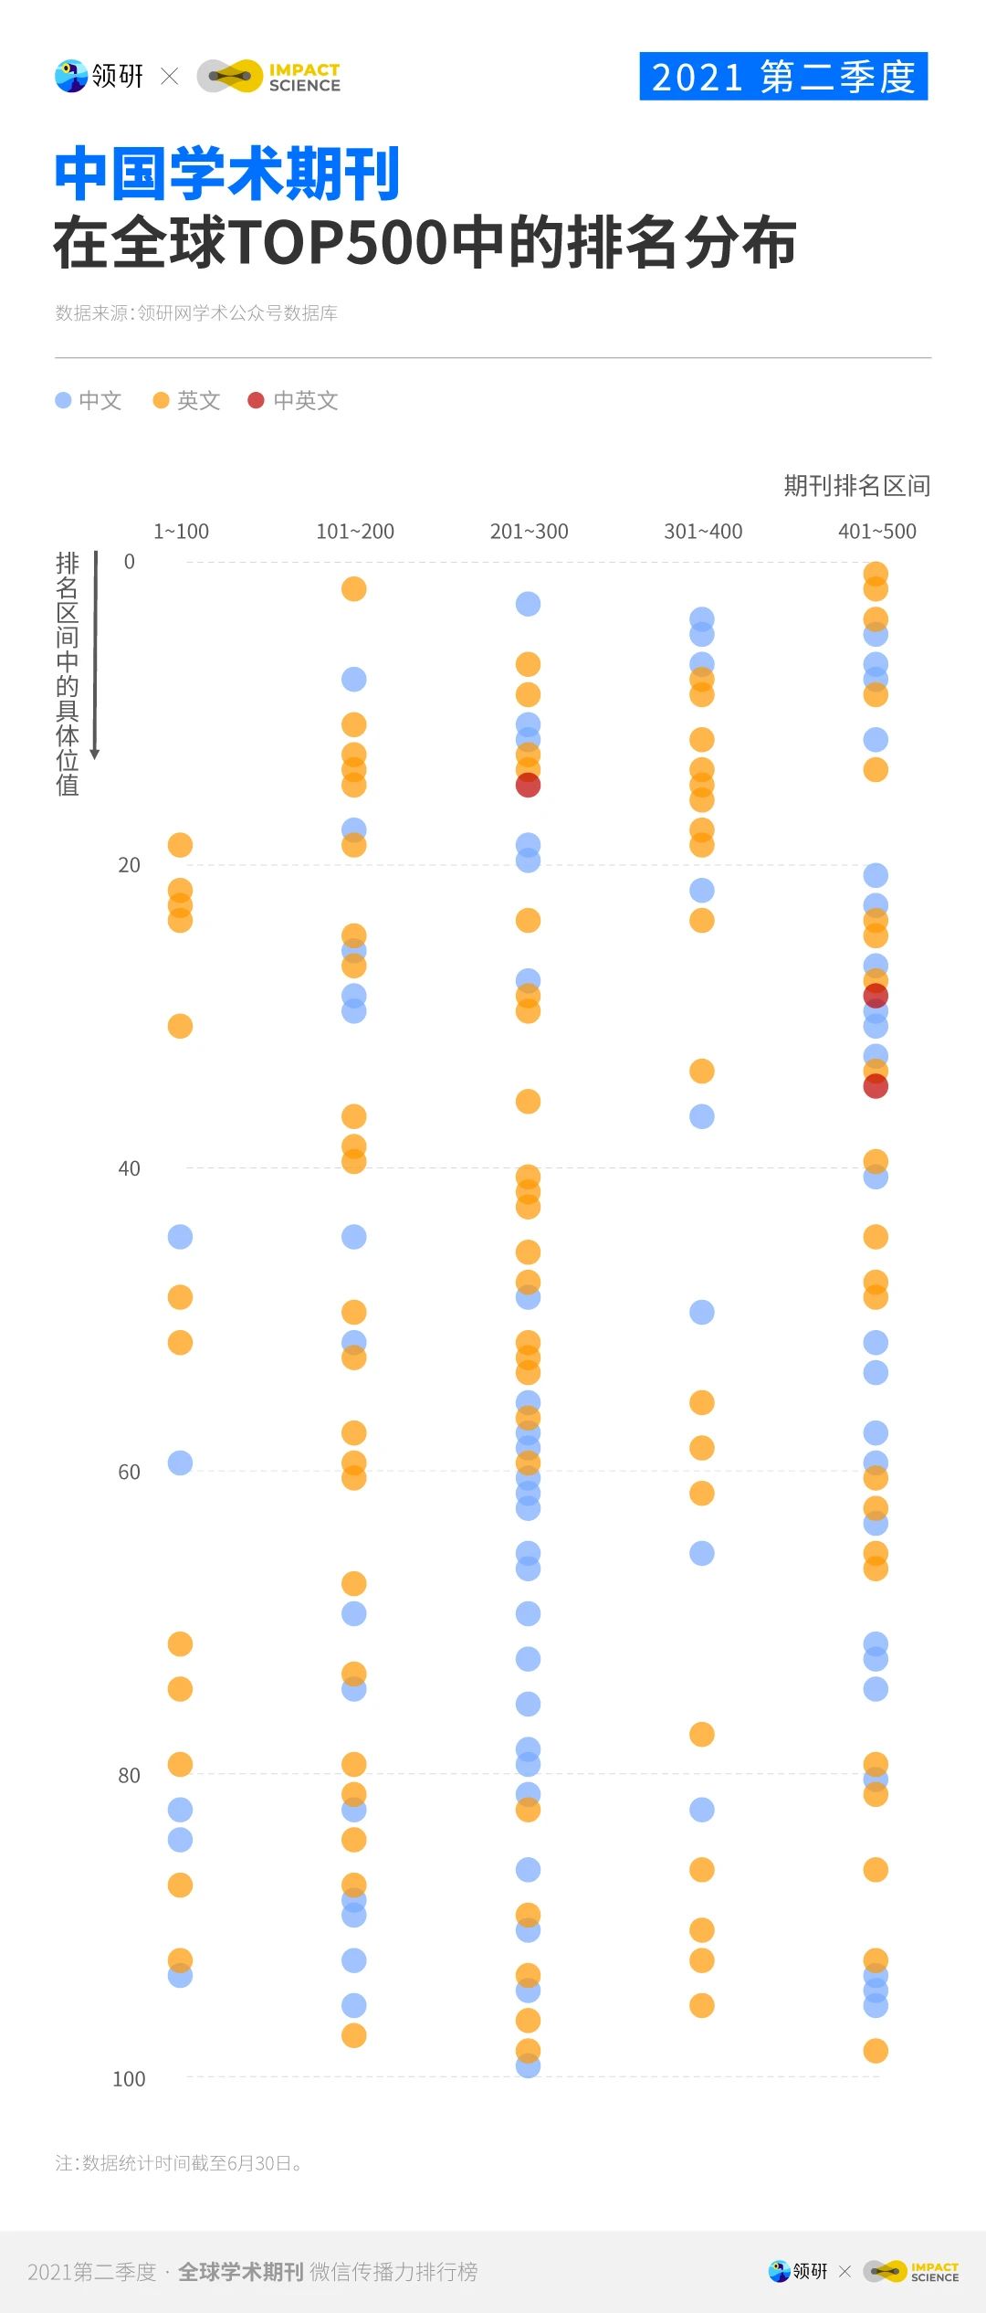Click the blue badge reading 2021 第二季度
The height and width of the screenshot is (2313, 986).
[783, 77]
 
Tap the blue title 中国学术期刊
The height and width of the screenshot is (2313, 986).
[227, 174]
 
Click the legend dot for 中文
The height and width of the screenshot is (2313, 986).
[63, 400]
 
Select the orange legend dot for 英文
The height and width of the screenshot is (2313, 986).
[161, 400]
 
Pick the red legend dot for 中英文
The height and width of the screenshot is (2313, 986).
[256, 400]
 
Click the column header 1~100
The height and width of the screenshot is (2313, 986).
[181, 532]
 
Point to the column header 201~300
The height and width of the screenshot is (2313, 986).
[529, 532]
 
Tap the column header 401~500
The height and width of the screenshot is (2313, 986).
[876, 532]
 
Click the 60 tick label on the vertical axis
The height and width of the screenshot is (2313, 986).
[129, 1472]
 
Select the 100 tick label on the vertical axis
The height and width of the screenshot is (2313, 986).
[129, 2079]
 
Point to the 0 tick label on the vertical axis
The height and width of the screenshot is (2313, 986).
[129, 562]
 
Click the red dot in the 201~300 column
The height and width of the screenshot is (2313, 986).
[528, 785]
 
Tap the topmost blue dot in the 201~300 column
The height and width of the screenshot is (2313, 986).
[528, 604]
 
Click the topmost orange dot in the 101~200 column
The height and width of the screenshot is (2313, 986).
[353, 589]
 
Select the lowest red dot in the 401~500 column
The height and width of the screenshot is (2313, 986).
[876, 1086]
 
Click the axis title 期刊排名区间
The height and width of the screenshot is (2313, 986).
[856, 486]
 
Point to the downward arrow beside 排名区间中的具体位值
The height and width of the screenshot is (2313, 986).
[95, 658]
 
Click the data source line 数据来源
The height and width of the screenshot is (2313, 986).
[196, 313]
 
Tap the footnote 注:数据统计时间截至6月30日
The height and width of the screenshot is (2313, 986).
[178, 2163]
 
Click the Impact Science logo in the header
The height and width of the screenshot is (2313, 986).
[268, 77]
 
